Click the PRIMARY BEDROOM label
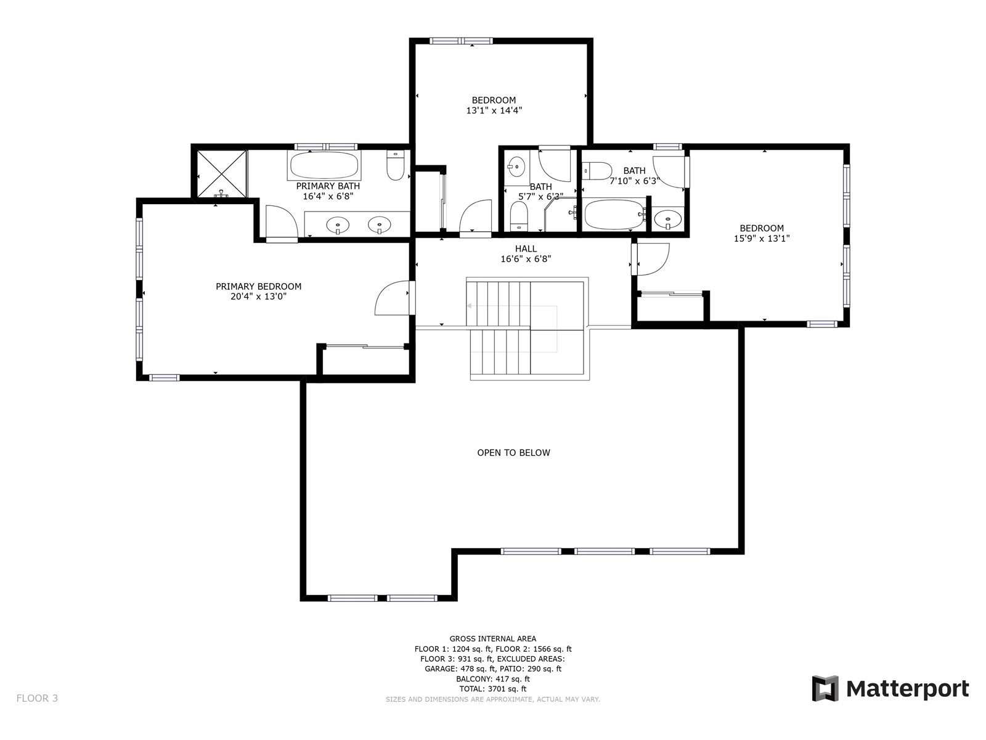tap(258, 286)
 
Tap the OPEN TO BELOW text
tap(513, 453)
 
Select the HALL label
tap(526, 249)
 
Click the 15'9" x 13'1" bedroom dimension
tap(762, 239)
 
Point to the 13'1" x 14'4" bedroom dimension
tap(494, 110)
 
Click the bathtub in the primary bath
tap(324, 165)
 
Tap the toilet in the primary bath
tap(395, 165)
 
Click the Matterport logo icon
tap(825, 688)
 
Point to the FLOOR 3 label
tap(38, 698)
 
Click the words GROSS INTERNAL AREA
tap(493, 638)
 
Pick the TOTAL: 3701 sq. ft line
tap(493, 689)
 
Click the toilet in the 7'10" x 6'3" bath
tap(597, 171)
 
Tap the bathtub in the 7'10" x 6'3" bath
tap(615, 215)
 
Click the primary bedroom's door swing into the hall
tap(392, 297)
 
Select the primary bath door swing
tap(282, 221)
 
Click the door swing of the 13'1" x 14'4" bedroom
tap(475, 216)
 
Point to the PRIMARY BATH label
tap(328, 186)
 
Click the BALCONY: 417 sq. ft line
tap(493, 679)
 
